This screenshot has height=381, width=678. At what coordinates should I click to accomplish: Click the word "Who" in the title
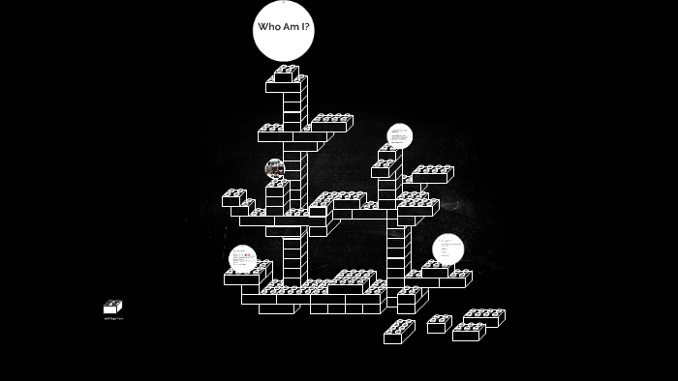[x=268, y=27]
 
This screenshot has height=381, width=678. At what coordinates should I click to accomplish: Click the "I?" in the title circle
[x=305, y=27]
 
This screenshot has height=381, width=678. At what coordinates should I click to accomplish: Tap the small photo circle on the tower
[x=275, y=168]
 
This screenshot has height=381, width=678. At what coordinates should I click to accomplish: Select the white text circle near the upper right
[x=399, y=136]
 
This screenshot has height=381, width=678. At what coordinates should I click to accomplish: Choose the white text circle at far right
[x=447, y=249]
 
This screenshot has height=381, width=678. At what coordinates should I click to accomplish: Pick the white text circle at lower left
[x=242, y=258]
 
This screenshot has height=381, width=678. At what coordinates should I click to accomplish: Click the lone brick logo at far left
[x=112, y=307]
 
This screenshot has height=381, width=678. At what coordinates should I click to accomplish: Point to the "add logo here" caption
[x=113, y=318]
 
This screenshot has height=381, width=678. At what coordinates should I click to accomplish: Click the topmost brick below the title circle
[x=286, y=73]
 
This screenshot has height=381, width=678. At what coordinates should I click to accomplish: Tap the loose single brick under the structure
[x=398, y=332]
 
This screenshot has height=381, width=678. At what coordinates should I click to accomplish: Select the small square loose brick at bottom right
[x=439, y=324]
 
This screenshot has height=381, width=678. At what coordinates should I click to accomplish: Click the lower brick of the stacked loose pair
[x=468, y=332]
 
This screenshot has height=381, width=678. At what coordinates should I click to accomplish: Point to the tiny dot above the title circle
[x=283, y=2]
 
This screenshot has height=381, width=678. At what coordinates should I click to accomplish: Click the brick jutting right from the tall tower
[x=331, y=123]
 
